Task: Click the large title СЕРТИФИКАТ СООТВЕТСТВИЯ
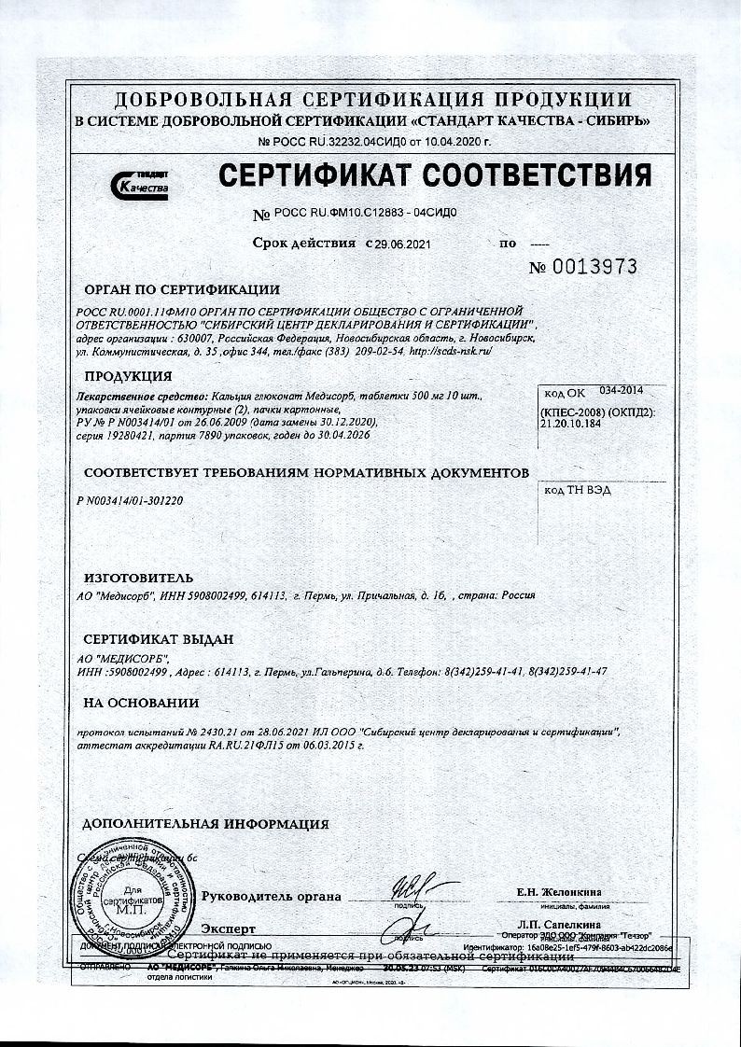point(434,174)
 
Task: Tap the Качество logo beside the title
point(139,184)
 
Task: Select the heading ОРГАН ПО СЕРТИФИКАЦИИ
point(181,289)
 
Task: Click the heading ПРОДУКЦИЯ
point(128,376)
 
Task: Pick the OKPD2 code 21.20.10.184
point(580,422)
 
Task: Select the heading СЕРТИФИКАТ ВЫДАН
point(158,639)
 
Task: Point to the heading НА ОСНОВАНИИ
point(140,703)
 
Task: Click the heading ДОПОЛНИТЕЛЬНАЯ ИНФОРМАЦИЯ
point(205,824)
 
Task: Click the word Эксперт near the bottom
point(228,928)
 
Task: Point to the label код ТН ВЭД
point(574,489)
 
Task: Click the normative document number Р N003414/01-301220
point(130,500)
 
